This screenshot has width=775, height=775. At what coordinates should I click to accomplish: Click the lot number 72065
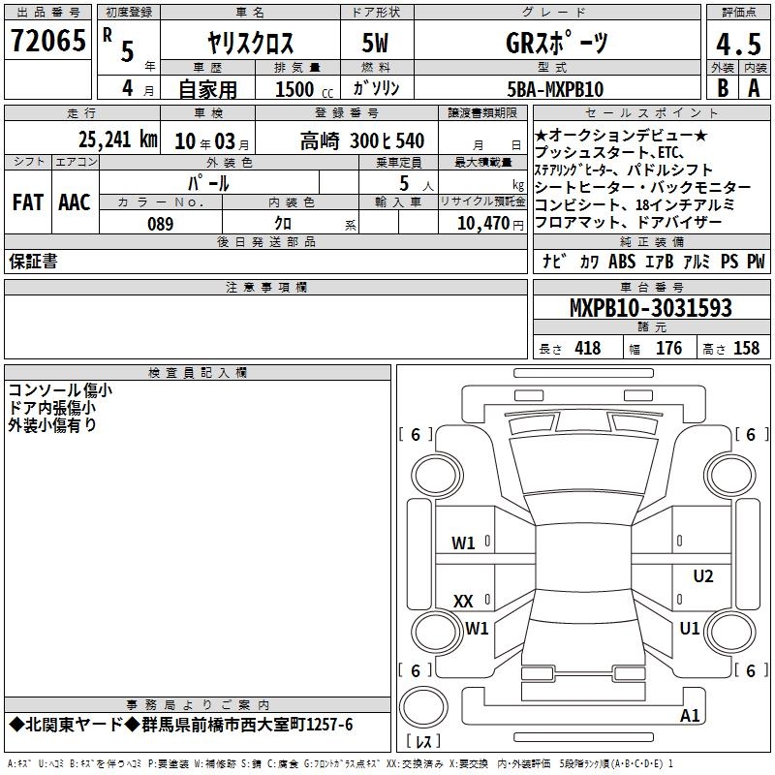[47, 40]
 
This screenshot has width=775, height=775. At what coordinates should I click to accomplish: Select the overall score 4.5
[738, 44]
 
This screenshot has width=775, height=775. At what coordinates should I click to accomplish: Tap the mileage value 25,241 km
[117, 139]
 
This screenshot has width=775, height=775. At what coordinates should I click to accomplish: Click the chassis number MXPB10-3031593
[651, 307]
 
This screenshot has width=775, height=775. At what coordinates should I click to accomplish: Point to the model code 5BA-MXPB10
[555, 89]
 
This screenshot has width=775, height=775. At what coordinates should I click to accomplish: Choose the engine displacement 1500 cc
[304, 89]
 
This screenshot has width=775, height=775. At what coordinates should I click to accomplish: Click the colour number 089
[161, 224]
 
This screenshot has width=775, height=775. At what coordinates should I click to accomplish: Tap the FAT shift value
[28, 202]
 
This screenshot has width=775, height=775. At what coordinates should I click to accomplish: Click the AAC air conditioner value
[75, 202]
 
